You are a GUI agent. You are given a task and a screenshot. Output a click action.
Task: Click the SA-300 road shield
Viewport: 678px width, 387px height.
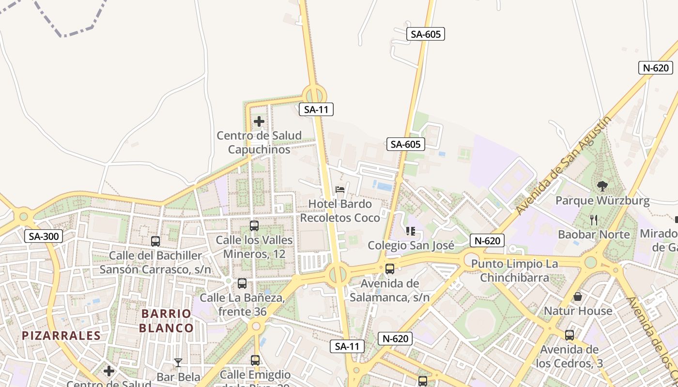coord(44,237)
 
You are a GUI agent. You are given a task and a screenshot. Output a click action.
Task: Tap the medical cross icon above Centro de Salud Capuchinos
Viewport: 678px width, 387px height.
coord(259,121)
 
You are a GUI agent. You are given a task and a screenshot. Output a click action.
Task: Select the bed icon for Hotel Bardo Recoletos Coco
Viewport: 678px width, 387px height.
coord(340,190)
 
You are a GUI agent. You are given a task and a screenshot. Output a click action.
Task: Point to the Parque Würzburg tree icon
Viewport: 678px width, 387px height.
coord(602,186)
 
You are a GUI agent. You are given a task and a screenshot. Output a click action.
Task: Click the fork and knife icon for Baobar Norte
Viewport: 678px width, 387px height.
coord(594,220)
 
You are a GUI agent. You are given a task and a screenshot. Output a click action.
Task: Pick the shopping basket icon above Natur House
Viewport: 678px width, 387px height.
coord(578,297)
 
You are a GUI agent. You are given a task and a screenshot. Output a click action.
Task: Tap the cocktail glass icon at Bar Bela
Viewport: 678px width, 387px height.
coord(178,362)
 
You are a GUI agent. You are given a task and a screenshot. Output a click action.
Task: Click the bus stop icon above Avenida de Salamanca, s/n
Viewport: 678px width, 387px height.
coord(390,269)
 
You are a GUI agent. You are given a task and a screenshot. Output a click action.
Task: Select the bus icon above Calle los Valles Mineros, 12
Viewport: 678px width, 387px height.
coord(254,225)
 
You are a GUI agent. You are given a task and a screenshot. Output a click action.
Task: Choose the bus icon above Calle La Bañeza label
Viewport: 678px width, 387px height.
coord(242,283)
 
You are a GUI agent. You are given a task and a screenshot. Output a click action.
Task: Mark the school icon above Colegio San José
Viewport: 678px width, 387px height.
coord(411,231)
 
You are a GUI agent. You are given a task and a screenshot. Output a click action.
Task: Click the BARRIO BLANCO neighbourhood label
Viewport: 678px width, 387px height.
coord(166,321)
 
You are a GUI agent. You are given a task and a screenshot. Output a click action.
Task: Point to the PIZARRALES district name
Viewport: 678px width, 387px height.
coord(62,335)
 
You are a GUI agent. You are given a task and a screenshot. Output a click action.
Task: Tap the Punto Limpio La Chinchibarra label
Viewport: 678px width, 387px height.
coord(514,271)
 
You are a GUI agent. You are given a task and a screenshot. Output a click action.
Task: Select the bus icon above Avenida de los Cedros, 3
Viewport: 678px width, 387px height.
coord(570,335)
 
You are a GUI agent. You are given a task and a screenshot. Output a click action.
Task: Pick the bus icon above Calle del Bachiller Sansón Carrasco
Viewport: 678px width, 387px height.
coord(155,241)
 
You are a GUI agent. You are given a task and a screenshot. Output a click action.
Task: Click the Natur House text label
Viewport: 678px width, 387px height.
coord(578,311)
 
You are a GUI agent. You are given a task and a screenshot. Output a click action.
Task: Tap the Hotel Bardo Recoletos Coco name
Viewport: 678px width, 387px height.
coord(340,211)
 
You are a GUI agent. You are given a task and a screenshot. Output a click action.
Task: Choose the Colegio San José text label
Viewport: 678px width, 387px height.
coord(411,245)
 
